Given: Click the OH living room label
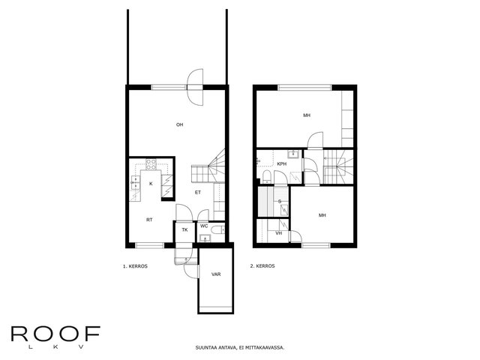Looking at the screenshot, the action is (x=180, y=124).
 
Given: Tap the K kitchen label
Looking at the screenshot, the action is (x=151, y=184).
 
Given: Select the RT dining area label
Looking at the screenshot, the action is (x=149, y=220).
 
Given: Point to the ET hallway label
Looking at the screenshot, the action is (x=198, y=193).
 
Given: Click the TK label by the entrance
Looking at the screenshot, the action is (x=184, y=230).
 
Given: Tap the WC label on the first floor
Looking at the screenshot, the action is (x=204, y=226).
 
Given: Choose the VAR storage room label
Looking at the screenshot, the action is (x=216, y=274).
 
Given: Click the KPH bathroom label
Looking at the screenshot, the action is (x=282, y=164).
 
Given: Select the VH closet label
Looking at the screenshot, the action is (x=278, y=233).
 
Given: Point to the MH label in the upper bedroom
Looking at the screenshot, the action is (x=307, y=115).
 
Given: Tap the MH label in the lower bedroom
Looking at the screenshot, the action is (x=322, y=215).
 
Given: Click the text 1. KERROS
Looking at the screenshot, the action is (x=135, y=266).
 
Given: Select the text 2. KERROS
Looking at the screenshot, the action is (x=262, y=266).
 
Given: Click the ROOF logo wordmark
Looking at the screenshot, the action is (x=55, y=334).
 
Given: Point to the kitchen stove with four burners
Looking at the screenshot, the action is (x=151, y=164).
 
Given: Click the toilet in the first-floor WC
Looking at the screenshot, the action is (x=219, y=229).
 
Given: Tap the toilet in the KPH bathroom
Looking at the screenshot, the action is (x=266, y=177).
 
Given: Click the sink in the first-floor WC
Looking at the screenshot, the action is (x=205, y=238).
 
